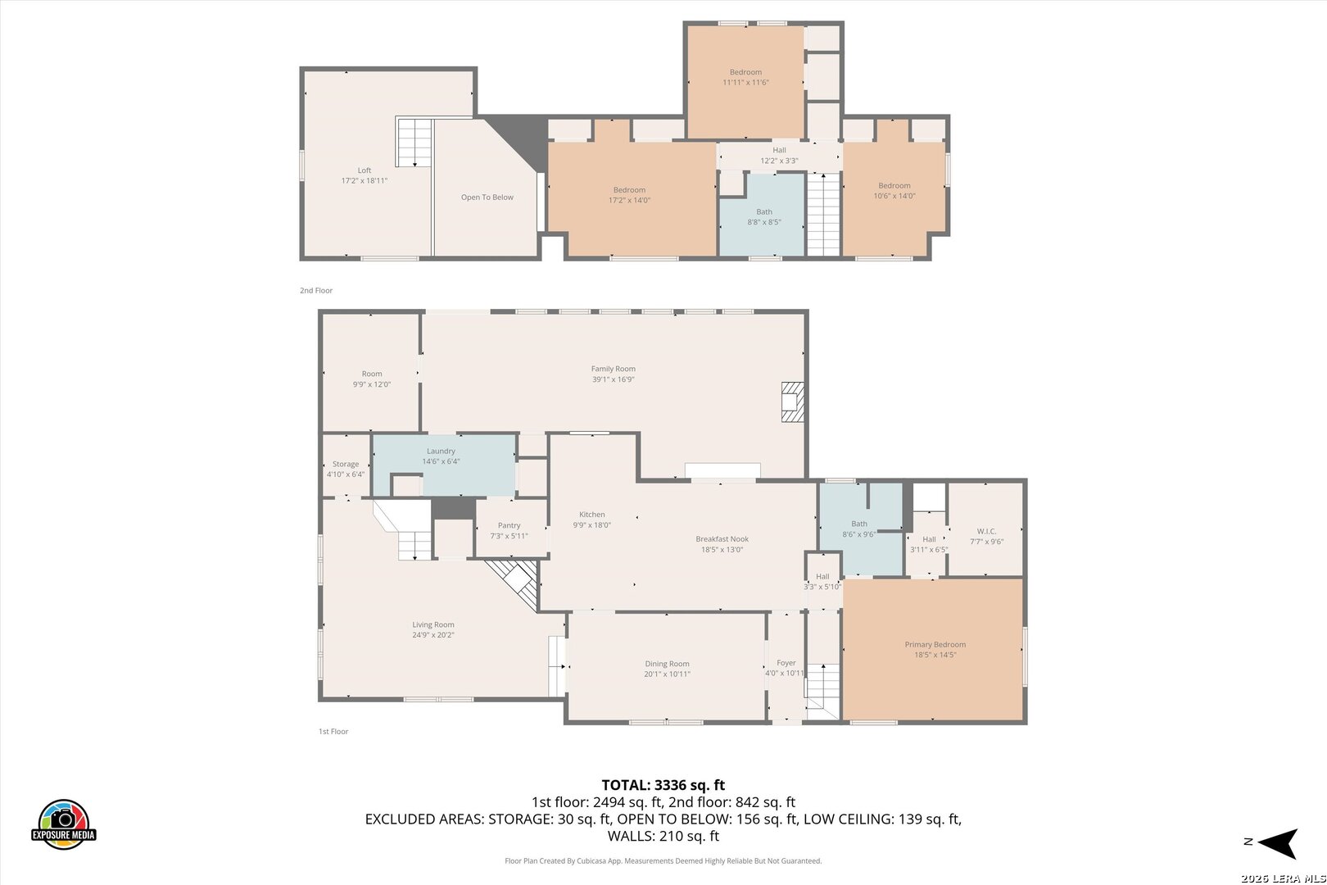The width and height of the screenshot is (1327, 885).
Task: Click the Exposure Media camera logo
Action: pos(63,824)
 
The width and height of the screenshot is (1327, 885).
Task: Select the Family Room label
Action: pos(614,369)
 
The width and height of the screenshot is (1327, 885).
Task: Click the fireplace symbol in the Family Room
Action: pos(793,402)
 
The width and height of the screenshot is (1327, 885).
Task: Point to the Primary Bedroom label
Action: pos(935,644)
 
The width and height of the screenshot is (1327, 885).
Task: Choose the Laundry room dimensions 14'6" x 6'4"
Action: pos(441,461)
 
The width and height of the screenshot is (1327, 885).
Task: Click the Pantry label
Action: pos(509,525)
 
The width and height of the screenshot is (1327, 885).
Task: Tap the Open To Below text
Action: pos(487,197)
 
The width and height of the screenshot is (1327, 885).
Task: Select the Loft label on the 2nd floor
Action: pos(365,170)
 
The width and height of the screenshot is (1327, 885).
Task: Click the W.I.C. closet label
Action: pos(986,531)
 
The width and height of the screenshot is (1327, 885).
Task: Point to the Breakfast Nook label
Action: pos(722,539)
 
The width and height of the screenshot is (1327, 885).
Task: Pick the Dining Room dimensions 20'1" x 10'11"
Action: pos(667,674)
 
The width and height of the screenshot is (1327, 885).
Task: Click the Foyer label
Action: pos(786,663)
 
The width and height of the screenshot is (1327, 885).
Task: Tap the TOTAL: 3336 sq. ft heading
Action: pos(663,785)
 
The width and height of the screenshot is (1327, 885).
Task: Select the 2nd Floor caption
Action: pos(315,290)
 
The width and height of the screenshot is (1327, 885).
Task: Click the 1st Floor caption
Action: pos(333,732)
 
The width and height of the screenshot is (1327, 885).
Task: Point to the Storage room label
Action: pos(346,464)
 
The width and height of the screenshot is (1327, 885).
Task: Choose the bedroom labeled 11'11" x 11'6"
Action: pos(745,77)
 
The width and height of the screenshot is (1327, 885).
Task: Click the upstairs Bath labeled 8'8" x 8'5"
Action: pos(764,217)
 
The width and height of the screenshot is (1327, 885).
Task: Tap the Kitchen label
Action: pos(591,515)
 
